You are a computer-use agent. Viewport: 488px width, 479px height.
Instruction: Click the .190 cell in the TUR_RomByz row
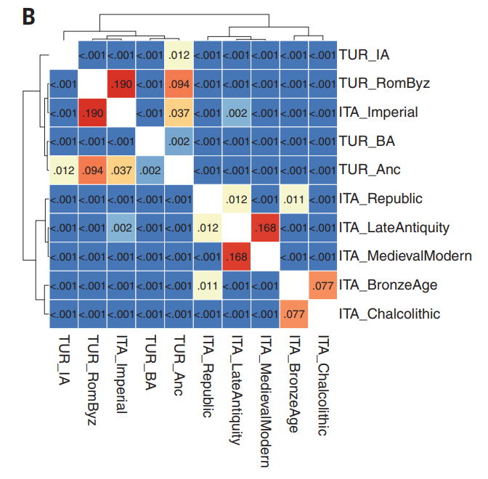[x=121, y=83]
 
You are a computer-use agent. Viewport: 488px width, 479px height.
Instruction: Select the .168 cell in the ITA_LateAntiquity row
[x=266, y=227]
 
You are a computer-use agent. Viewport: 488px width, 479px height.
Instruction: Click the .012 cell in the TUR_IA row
[x=179, y=54]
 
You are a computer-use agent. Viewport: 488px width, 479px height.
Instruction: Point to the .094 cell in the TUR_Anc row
[x=93, y=170]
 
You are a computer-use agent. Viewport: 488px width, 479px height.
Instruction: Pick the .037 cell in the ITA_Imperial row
[x=179, y=112]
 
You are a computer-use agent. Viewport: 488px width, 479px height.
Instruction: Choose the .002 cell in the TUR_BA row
[x=179, y=141]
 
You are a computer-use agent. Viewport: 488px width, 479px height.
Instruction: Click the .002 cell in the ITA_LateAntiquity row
[x=121, y=227]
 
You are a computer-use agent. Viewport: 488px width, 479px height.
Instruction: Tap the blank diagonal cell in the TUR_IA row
[x=64, y=54]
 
